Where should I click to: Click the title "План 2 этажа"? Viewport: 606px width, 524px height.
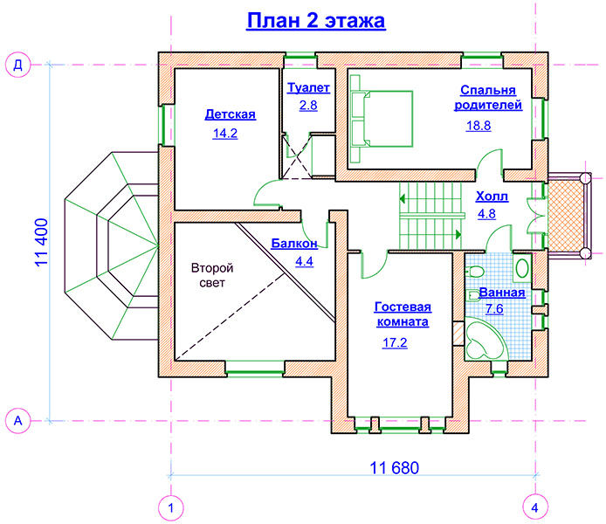(x=316, y=21)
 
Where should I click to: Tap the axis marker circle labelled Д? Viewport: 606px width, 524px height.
(x=17, y=65)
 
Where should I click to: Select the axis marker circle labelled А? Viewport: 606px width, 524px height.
(x=17, y=420)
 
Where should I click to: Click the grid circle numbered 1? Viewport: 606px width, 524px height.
(x=171, y=507)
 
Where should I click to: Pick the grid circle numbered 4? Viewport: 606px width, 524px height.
(x=535, y=507)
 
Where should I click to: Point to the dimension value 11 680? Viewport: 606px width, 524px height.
(x=394, y=468)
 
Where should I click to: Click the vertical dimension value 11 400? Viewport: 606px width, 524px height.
(x=42, y=242)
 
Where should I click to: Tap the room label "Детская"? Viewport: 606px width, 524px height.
(x=230, y=114)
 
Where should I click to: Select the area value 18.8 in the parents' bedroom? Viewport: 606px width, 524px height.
(x=479, y=126)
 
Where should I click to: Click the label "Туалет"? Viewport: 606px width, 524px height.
(x=308, y=87)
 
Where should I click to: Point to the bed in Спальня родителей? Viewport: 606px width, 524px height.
(x=382, y=119)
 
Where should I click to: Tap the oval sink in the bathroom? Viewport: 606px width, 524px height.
(x=522, y=268)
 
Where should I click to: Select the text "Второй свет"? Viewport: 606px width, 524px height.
(x=212, y=275)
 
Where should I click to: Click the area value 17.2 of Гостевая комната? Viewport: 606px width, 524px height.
(x=395, y=342)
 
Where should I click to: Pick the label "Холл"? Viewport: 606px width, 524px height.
(x=492, y=196)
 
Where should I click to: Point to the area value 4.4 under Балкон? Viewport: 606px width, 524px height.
(x=304, y=262)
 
